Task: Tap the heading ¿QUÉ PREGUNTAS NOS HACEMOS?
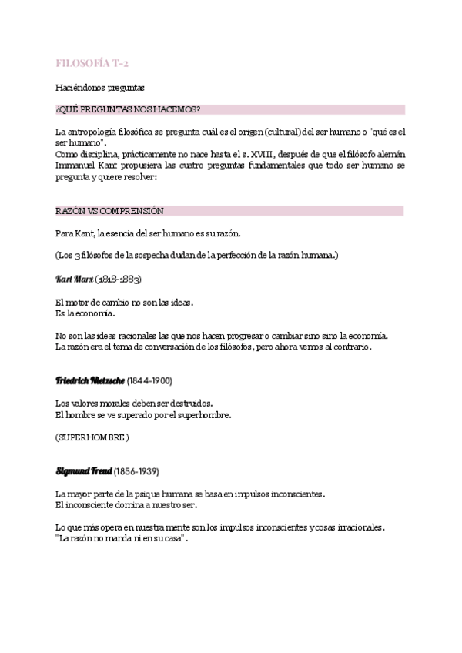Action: (128, 110)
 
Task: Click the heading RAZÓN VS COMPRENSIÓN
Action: (109, 210)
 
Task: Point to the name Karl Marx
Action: (75, 278)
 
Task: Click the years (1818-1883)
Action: (119, 278)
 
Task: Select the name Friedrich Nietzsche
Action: (84, 380)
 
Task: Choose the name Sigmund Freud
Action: (83, 470)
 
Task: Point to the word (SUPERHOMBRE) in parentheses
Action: (92, 437)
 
